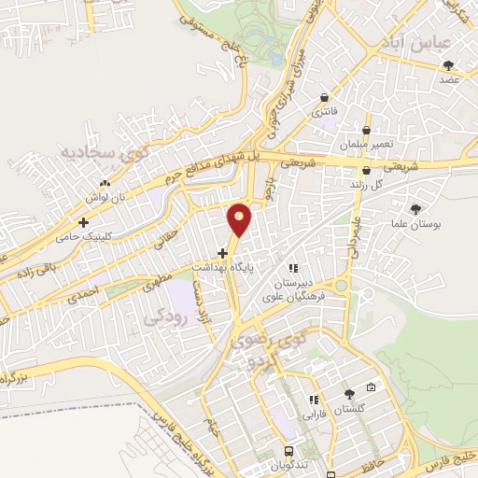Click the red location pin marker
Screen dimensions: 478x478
(x=240, y=220)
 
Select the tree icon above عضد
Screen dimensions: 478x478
(x=449, y=65)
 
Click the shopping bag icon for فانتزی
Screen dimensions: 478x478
(x=324, y=98)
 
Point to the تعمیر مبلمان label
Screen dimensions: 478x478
(x=369, y=146)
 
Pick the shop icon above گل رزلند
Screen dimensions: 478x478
(x=368, y=170)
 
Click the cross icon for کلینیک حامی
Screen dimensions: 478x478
(x=85, y=222)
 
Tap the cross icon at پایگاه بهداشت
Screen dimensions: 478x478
(x=222, y=252)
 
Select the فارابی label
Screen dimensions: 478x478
(x=311, y=411)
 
